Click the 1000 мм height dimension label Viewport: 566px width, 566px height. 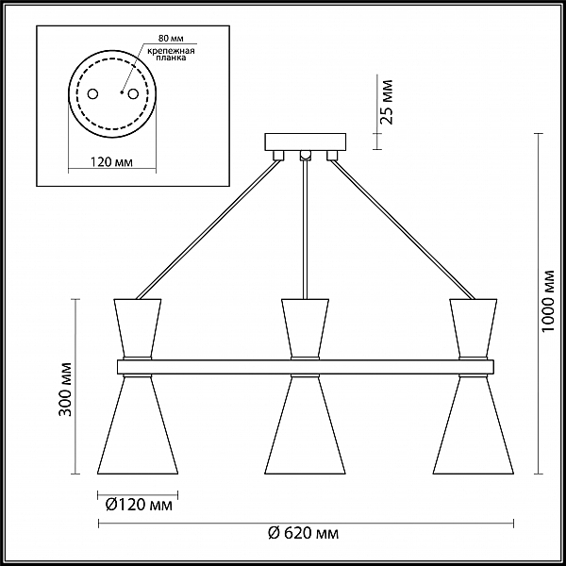548,302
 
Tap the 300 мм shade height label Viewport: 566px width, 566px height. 65,389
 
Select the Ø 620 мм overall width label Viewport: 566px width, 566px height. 303,533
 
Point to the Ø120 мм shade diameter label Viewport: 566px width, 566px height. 139,505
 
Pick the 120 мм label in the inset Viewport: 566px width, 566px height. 111,162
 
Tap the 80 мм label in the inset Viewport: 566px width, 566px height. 171,39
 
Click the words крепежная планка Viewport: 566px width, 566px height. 171,54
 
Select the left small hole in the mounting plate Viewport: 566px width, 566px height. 92,94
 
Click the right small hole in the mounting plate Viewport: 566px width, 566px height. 133,94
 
